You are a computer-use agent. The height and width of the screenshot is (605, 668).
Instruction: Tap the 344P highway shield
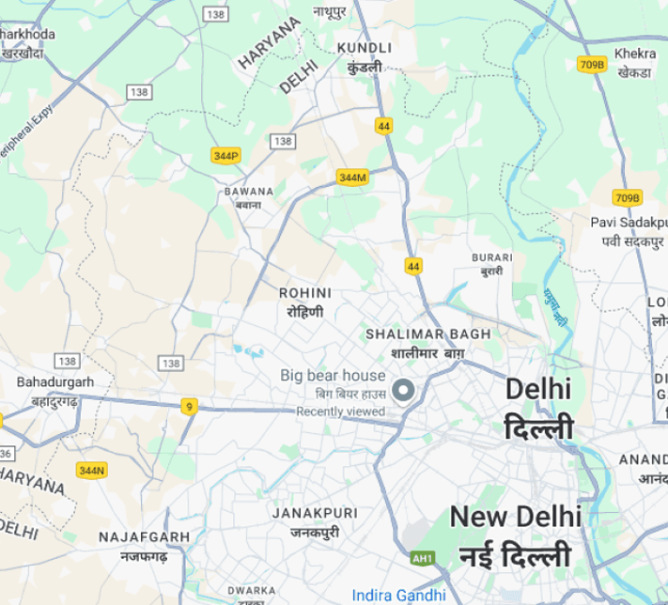tap(225, 155)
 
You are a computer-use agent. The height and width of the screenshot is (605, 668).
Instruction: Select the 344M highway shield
tap(352, 177)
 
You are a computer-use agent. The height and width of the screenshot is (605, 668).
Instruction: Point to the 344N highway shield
tap(92, 469)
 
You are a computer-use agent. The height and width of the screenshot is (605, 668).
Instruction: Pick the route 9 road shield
tap(190, 406)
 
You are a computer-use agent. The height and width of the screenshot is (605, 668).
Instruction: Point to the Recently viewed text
tap(341, 411)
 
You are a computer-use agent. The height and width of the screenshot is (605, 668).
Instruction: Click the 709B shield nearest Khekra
tap(592, 64)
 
